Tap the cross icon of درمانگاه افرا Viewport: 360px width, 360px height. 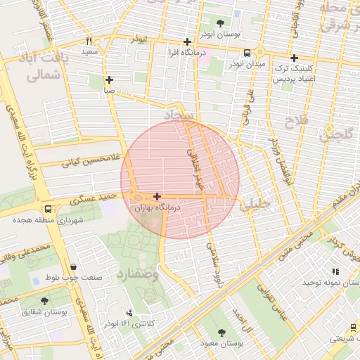coord(186,41)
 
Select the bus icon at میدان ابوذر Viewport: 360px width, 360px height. coord(247,53)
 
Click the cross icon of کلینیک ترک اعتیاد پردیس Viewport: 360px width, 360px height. coord(294,58)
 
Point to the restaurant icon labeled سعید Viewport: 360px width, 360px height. coord(89,41)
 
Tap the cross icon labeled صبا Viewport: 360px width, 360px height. coord(109,79)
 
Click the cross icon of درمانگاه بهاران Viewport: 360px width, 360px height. coord(156,197)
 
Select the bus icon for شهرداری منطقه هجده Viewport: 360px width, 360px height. coord(48,209)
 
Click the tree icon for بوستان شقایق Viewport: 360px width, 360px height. coord(45,300)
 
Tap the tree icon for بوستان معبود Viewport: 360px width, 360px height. coord(223,332)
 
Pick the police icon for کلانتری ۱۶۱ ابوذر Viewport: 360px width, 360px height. coord(129,313)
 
